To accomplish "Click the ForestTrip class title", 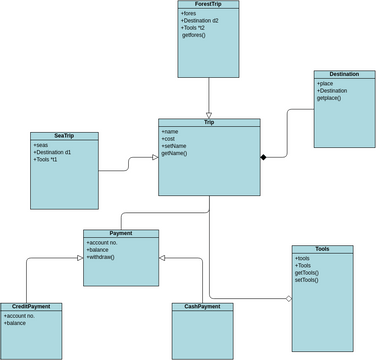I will (x=208, y=5).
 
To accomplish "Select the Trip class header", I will (x=209, y=122).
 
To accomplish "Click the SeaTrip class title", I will (x=64, y=136).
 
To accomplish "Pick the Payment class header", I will (x=121, y=233).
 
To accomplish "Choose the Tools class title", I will (x=321, y=249).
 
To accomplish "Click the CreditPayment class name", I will (x=31, y=307).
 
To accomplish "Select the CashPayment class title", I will (x=203, y=307).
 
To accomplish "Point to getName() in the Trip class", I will (x=174, y=153).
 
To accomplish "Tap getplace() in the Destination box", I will (x=329, y=98).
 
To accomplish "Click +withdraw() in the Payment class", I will (x=101, y=257).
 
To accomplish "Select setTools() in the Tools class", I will (x=306, y=280).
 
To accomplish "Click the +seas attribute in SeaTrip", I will (x=42, y=145).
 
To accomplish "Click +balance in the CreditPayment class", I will (x=15, y=323).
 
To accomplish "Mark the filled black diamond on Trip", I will (x=265, y=157).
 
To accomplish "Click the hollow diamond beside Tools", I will (x=288, y=298).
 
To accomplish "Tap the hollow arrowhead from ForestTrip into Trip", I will (x=209, y=114).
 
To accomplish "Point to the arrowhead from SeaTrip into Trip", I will (x=154, y=157).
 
